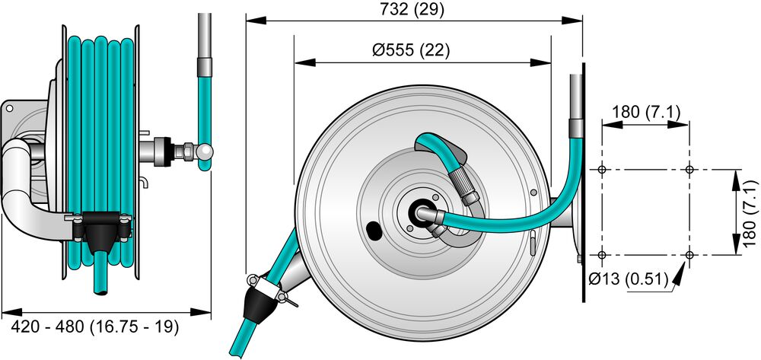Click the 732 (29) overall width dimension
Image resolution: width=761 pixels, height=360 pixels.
pos(412,10)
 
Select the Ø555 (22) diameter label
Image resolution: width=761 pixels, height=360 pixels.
pos(411,50)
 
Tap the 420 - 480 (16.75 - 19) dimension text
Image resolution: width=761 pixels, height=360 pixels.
pos(94,327)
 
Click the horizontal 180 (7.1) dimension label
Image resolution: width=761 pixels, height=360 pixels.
pos(645,112)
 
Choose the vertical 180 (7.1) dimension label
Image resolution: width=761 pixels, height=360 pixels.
pos(751,216)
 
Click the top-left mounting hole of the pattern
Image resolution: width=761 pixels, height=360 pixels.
pos(602,169)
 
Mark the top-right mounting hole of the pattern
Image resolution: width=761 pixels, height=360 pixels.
pos(689,169)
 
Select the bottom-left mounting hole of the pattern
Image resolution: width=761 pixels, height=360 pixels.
pos(602,255)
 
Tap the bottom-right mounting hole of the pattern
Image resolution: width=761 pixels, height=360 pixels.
pos(689,255)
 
